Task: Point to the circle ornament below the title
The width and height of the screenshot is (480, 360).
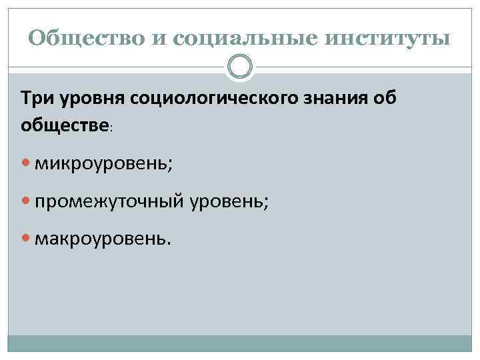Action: pos(240,66)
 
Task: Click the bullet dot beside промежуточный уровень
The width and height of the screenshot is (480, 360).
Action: pos(26,201)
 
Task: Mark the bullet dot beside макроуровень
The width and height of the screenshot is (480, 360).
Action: pos(26,239)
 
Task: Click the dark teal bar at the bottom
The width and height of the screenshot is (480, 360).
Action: pos(240,343)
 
